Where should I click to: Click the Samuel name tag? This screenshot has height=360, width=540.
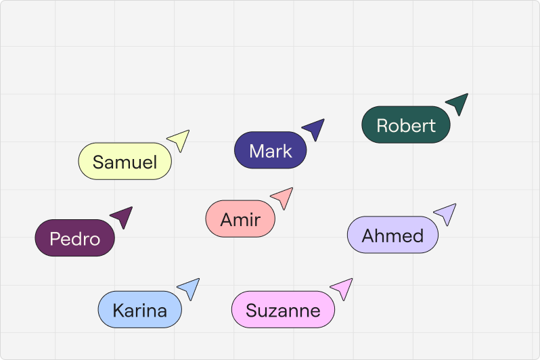click(125, 162)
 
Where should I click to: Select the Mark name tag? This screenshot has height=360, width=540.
click(270, 150)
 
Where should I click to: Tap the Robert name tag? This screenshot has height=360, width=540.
click(405, 125)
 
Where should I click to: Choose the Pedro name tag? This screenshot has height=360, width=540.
click(74, 238)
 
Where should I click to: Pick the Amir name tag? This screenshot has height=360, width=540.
click(240, 219)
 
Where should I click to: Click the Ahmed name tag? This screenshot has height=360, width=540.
click(392, 235)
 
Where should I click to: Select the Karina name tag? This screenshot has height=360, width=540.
click(139, 310)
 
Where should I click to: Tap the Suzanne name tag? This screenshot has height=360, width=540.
click(283, 310)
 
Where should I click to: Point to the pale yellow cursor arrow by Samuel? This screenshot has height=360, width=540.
click(179, 139)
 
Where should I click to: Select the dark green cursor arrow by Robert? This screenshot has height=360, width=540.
click(458, 104)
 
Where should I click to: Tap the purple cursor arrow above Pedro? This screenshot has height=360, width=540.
click(122, 217)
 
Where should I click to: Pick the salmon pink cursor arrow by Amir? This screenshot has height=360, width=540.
click(283, 197)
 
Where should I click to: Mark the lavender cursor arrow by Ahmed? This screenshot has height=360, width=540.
click(446, 213)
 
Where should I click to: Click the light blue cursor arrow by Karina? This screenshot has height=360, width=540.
click(189, 288)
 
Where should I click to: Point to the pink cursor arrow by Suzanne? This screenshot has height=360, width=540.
click(343, 288)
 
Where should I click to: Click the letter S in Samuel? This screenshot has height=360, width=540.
click(99, 162)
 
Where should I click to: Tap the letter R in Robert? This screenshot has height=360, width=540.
click(382, 126)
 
